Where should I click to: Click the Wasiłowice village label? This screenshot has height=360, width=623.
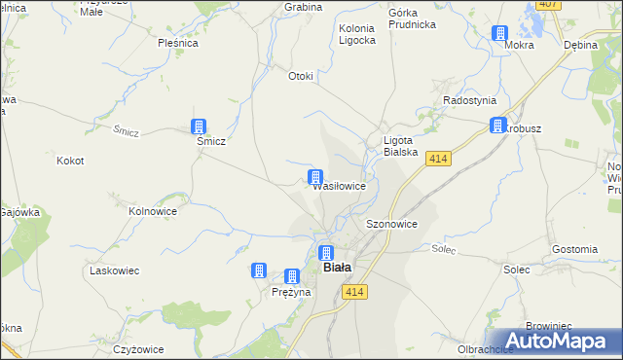339,186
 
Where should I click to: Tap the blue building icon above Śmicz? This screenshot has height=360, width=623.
199,126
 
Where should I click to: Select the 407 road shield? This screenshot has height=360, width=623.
548,4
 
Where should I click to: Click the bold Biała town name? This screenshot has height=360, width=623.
337,267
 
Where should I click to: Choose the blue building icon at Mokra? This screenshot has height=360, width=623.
499,33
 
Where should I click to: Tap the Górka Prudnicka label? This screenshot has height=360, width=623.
410,19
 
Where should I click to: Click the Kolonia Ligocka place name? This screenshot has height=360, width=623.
357,34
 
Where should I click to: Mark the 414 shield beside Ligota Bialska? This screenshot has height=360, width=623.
438,159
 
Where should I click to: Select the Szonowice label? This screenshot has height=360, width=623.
392,223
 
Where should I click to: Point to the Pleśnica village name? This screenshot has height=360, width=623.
178,43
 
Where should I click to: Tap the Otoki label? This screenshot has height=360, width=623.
301,76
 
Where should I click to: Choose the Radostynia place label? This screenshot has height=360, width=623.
469,100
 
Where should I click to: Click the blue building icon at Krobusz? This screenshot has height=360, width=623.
498,126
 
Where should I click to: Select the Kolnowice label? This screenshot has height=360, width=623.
153,209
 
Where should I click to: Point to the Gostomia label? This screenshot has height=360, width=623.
573,249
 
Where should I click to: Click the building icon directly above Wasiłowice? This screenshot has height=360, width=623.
315,176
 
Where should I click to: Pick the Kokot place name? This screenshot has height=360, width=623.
71,161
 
